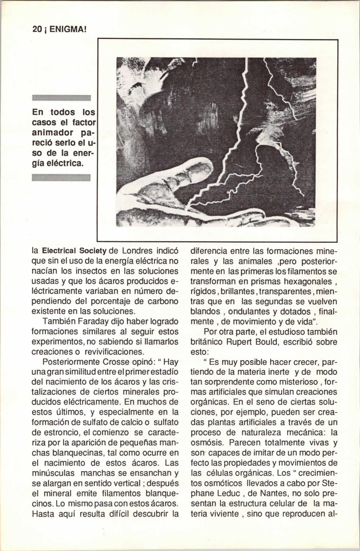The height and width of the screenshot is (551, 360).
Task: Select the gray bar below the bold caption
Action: pos(61,177)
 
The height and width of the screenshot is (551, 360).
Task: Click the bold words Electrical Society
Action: pos(74,252)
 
